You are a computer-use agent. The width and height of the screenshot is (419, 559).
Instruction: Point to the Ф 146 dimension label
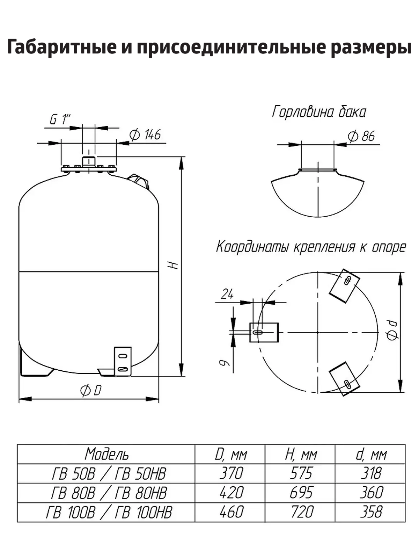coord(145,135)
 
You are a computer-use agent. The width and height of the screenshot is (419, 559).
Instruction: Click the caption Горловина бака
coord(319,112)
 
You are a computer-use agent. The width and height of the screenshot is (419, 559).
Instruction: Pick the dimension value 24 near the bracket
coord(227,295)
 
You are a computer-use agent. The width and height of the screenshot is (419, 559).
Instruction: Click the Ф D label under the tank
coord(91,390)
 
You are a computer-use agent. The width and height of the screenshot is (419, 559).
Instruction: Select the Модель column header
coord(106,454)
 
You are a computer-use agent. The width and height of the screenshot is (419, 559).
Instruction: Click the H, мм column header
coord(301,454)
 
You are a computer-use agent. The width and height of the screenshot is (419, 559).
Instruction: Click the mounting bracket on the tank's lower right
coord(123,361)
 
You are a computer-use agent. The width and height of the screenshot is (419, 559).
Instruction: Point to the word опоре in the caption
coord(389,247)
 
